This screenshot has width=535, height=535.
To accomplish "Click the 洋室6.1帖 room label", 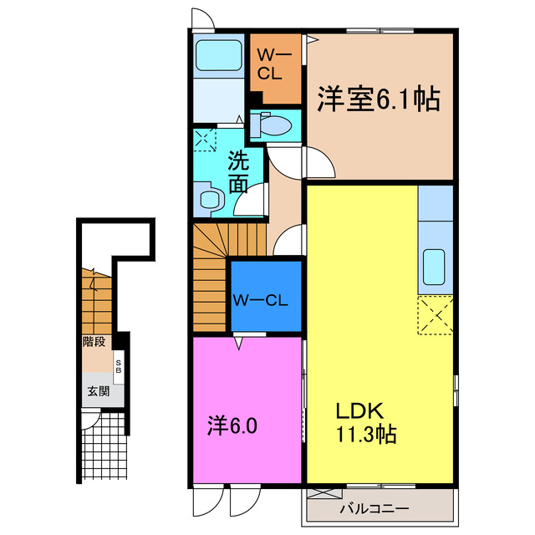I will (378, 100).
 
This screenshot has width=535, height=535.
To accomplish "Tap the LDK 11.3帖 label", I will (365, 423).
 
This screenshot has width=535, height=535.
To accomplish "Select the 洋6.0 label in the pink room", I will (232, 425).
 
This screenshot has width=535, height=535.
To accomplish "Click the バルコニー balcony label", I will (374, 508).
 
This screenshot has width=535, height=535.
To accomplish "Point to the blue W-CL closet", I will (265, 298).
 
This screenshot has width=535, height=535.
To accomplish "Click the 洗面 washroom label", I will (238, 171).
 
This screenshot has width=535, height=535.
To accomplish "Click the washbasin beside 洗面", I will (210, 199).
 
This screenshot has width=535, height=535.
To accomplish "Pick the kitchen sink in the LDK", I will (435, 267).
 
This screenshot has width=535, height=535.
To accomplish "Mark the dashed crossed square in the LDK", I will (435, 315).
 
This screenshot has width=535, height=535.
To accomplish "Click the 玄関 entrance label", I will (94, 390).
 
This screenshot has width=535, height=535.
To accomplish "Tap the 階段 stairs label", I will (94, 341).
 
